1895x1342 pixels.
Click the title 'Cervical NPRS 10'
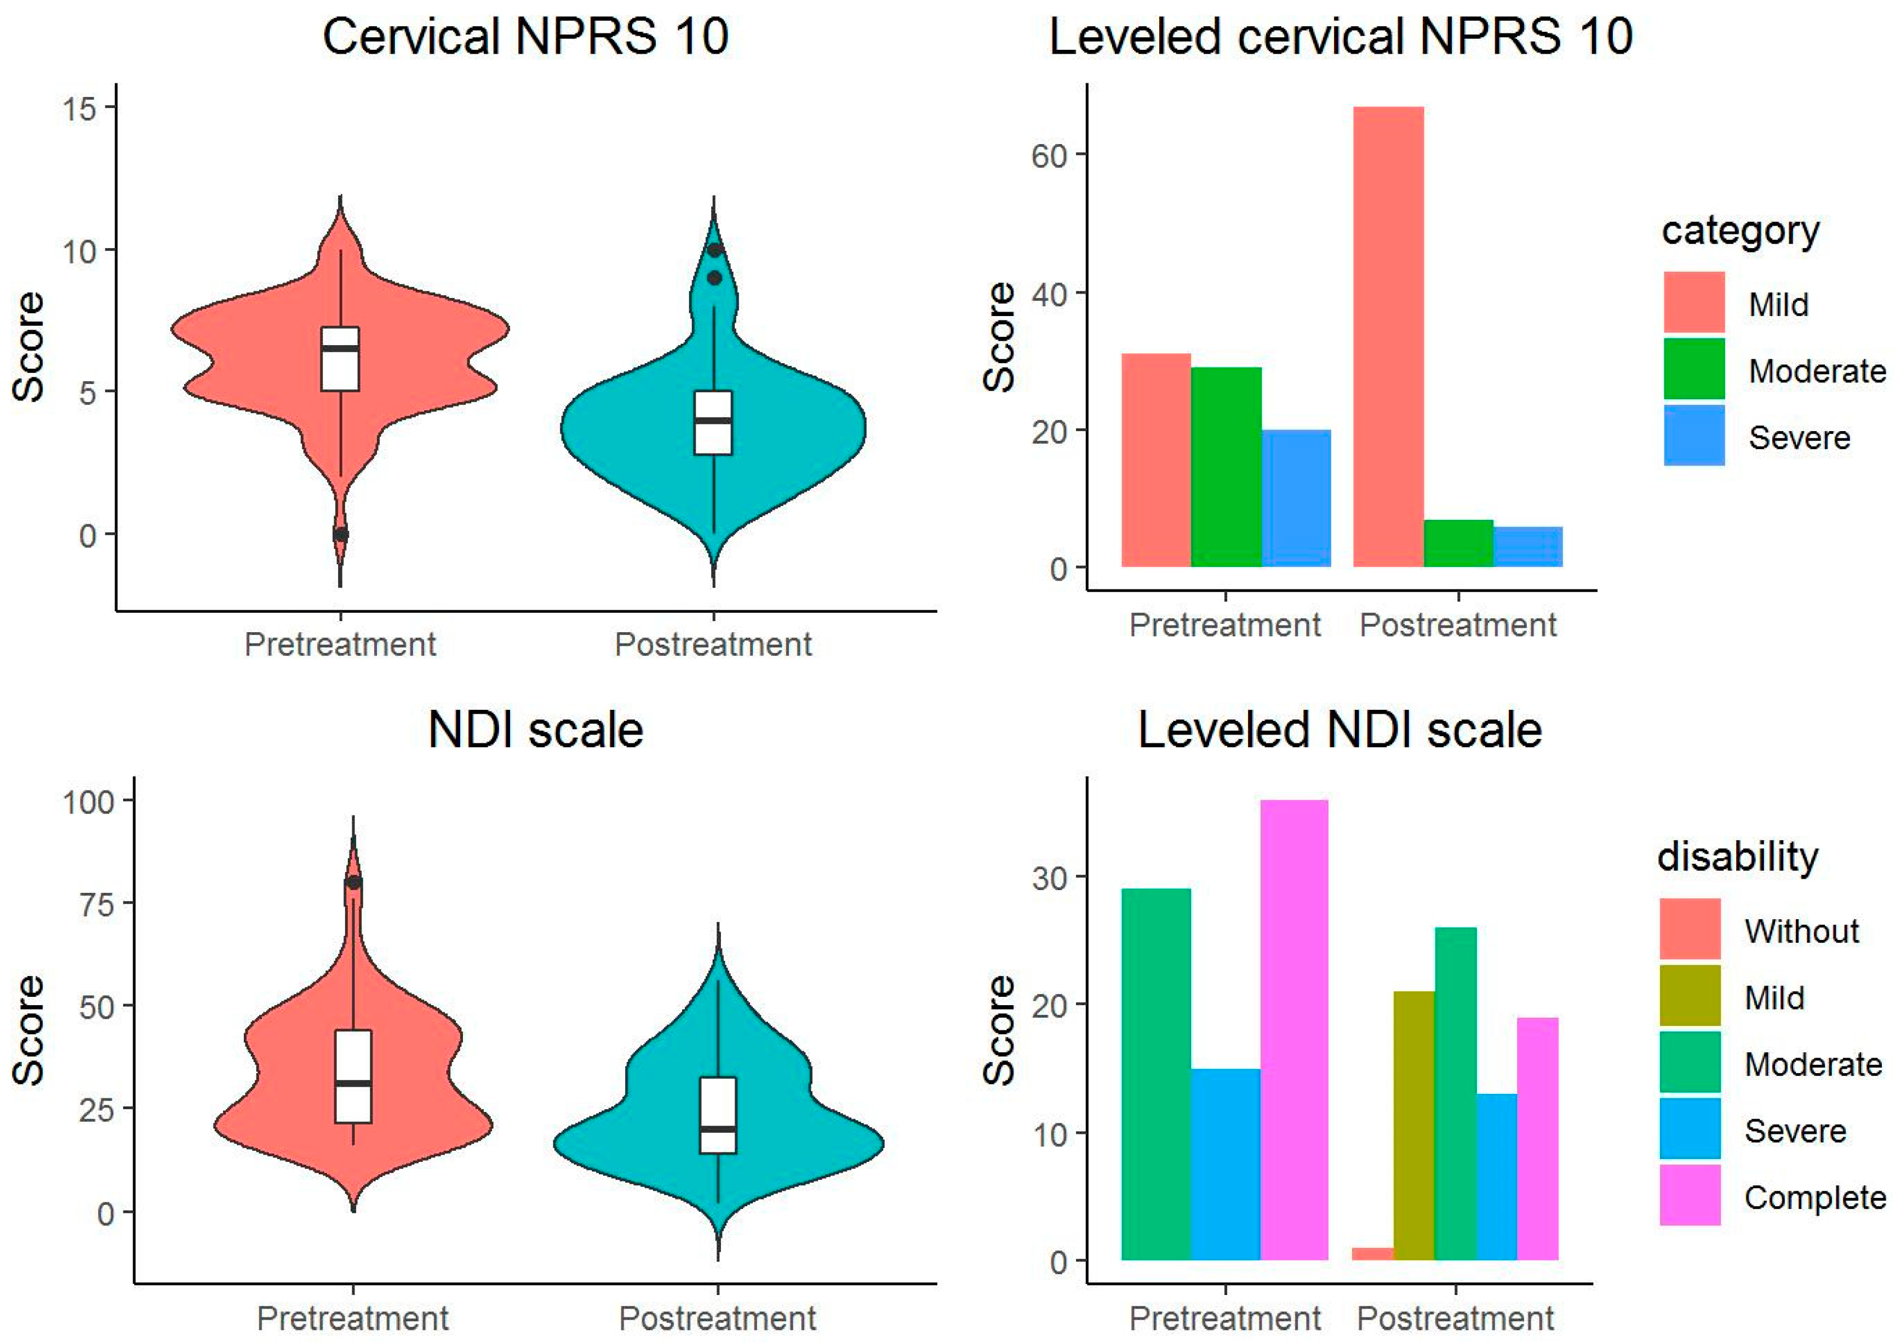pyautogui.click(x=525, y=37)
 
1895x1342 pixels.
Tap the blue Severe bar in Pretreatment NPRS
pyautogui.click(x=1296, y=498)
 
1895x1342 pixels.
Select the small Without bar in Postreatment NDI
pyautogui.click(x=1372, y=1254)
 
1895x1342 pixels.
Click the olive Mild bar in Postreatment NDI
pyautogui.click(x=1413, y=1126)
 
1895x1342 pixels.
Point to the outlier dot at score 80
pyautogui.click(x=354, y=882)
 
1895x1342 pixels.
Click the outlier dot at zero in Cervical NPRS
pyautogui.click(x=341, y=535)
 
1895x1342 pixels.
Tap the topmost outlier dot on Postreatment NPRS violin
pyautogui.click(x=715, y=250)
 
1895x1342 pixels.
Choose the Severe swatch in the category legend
pyautogui.click(x=1693, y=435)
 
